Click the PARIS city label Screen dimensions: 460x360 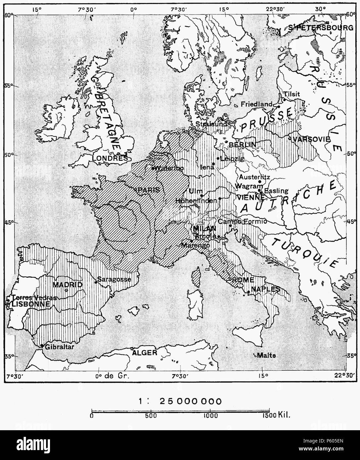[149, 190]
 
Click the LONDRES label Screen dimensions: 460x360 [110, 158]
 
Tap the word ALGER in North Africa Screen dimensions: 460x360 [145, 352]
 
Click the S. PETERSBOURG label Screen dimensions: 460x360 [321, 28]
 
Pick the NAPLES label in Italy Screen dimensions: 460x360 [266, 289]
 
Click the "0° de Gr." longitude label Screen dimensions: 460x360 [112, 376]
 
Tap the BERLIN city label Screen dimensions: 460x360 [242, 145]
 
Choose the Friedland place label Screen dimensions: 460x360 [256, 104]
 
